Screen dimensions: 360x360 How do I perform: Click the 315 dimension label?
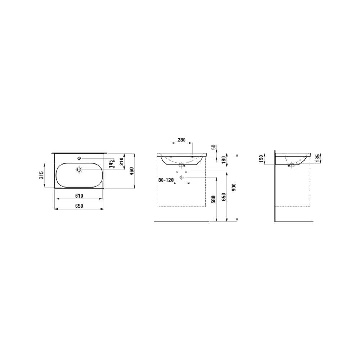click(42, 175)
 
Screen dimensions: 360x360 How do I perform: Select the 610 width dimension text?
click(79, 196)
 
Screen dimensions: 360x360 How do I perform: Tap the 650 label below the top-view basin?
click(79, 206)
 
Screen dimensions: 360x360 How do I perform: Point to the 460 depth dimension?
click(132, 171)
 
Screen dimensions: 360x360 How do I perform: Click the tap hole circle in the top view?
click(79, 159)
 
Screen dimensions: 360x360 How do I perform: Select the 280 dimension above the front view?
click(182, 140)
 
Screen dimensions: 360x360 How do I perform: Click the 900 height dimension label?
click(234, 187)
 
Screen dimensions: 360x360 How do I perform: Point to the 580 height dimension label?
click(213, 199)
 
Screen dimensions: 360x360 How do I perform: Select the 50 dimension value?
click(213, 147)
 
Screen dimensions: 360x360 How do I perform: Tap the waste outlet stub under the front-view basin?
click(181, 166)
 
